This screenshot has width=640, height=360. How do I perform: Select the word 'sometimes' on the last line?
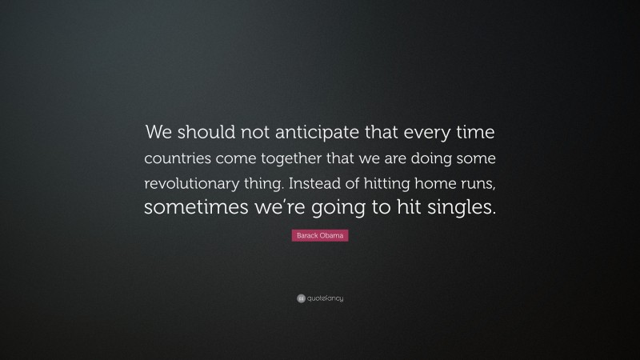click(190, 208)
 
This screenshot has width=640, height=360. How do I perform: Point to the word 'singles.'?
click(459, 208)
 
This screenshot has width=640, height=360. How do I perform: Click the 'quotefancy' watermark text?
click(325, 298)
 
